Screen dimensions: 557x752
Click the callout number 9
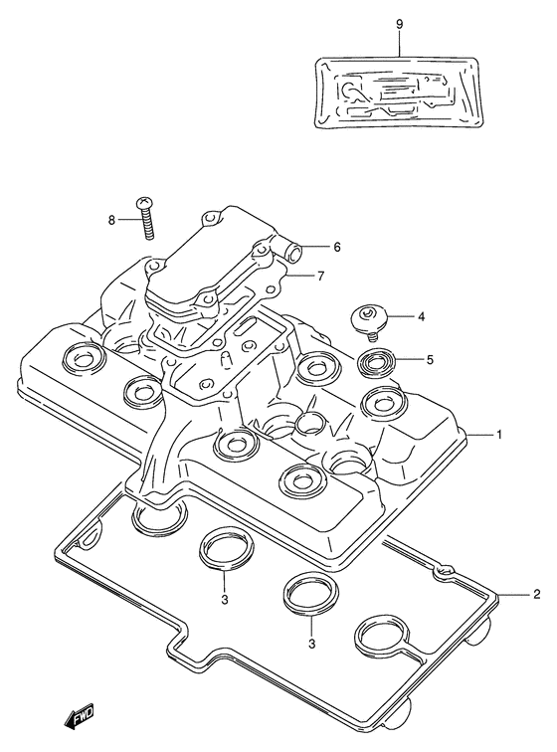400,25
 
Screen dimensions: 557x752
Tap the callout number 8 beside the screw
111,221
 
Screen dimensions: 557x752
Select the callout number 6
337,247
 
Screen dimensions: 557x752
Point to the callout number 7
320,276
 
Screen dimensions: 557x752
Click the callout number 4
421,316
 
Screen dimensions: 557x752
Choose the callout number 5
430,359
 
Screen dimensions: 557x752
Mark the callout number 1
499,435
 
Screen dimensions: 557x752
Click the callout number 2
537,594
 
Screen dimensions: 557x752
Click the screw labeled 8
145,219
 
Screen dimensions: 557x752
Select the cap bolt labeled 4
367,322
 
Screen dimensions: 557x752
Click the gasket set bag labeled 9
397,93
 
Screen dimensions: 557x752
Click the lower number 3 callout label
312,645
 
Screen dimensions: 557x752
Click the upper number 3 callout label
224,600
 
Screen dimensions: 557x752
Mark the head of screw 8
144,203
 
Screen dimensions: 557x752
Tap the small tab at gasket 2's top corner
444,571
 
